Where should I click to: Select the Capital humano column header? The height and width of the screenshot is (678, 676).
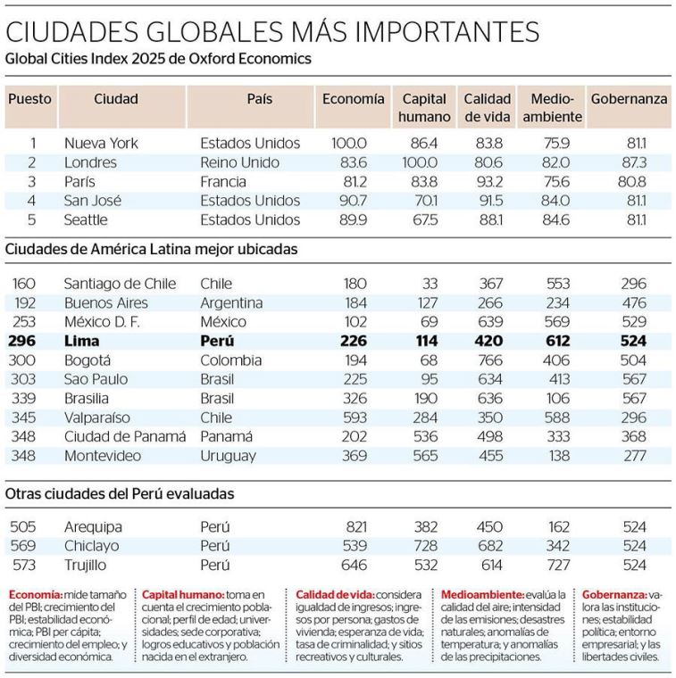click(x=424, y=107)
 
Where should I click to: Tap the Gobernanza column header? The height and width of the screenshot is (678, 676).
click(x=629, y=99)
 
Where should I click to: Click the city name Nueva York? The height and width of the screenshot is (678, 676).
click(x=101, y=143)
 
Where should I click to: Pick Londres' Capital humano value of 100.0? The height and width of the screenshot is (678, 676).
click(x=420, y=162)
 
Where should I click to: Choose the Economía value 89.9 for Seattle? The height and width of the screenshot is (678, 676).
click(x=349, y=219)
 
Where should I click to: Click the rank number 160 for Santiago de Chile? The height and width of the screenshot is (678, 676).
click(x=25, y=283)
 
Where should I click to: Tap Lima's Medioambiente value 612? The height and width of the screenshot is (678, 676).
click(x=558, y=341)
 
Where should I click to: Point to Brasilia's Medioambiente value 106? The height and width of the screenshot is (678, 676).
click(x=558, y=398)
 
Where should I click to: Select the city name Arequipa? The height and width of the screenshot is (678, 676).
click(x=93, y=526)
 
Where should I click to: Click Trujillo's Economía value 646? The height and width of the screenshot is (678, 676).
click(x=355, y=565)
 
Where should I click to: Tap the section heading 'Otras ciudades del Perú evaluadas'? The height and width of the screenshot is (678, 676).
click(x=120, y=492)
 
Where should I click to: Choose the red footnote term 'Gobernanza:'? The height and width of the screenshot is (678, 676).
click(x=613, y=594)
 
